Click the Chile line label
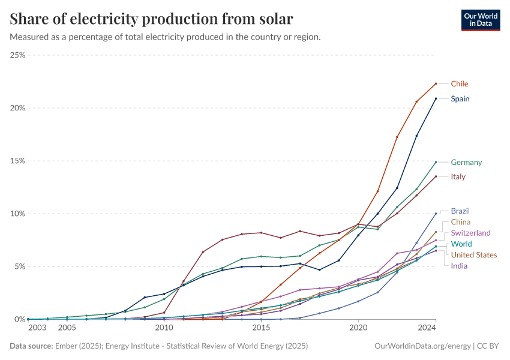pos(460,84)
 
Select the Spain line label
pos(460,99)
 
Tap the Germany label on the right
pos(466,163)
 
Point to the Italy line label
pos(458,177)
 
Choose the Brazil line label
pos(460,211)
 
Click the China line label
pos(461,222)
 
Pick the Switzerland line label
pos(470,233)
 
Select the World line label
pos(461,244)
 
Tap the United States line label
pos(474,255)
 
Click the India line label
pos(459,266)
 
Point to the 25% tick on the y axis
pos(17,55)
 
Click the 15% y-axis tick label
pos(17,161)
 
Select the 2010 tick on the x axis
pos(164,328)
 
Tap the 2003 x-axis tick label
pos(37,328)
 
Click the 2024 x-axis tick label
pos(427,328)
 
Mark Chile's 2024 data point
pos(436,83)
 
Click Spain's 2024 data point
pos(436,98)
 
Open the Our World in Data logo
pos(480,20)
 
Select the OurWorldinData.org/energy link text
pos(422,346)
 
